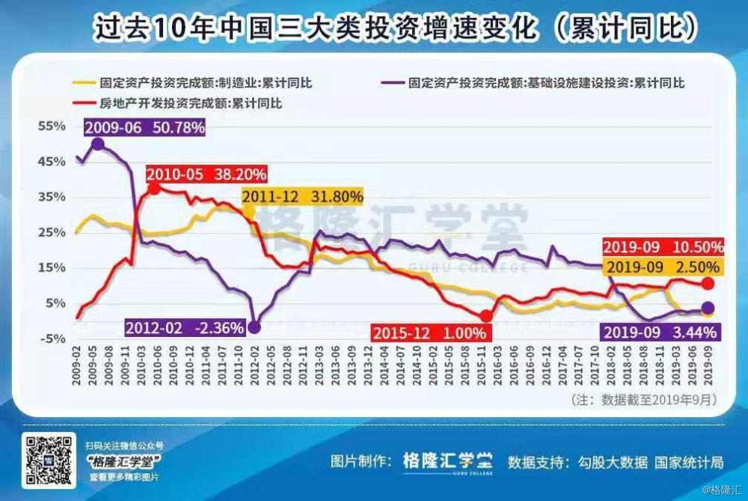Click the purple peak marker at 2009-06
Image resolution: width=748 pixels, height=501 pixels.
[98, 144]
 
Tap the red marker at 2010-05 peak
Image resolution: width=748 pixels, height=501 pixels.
[154, 189]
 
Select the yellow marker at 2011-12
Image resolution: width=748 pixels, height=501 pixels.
[249, 213]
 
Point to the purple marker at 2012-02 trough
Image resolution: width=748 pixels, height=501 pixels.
[254, 327]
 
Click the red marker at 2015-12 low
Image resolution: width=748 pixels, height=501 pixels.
[486, 316]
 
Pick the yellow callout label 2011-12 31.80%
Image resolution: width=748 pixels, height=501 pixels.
[303, 196]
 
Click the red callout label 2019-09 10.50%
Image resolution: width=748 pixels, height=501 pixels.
[663, 247]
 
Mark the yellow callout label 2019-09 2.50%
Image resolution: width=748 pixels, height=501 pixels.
[663, 267]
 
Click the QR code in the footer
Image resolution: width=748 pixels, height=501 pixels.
[49, 459]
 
